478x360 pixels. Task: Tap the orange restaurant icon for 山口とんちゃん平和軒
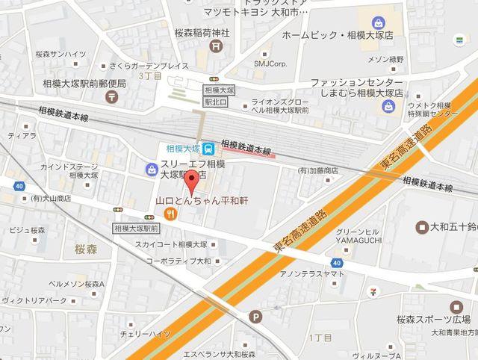pos(172,214)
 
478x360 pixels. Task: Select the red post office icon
pos(111,96)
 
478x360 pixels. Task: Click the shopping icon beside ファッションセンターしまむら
pos(388,107)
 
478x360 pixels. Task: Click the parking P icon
pos(256,316)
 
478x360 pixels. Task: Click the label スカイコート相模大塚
pos(171,244)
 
